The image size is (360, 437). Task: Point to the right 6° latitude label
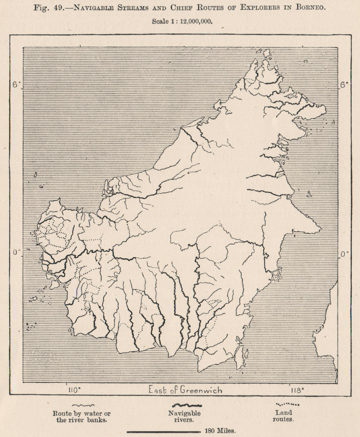[344, 85]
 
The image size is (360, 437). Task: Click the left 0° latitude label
[16, 253]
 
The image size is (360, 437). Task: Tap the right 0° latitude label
[345, 253]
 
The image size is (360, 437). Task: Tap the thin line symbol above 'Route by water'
[81, 406]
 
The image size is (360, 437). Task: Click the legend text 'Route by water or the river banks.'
[82, 417]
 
